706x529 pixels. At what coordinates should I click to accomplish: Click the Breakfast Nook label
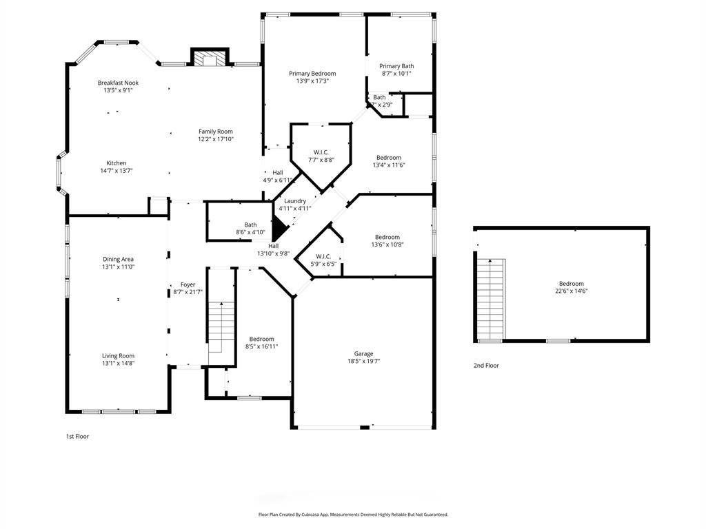coord(118,83)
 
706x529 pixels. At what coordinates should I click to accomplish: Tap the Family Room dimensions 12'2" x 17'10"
coord(216,139)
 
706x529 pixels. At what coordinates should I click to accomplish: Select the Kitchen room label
coord(116,163)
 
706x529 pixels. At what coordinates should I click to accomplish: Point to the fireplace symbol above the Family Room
coord(210,57)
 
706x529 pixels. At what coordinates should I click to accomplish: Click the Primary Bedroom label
coord(312,73)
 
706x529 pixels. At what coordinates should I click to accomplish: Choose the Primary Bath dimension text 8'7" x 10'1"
coord(396,73)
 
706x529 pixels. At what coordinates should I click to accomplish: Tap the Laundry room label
coord(295,201)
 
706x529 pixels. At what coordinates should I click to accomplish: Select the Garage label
coord(363,353)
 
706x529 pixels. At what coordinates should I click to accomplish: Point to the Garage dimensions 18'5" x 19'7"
coord(364,361)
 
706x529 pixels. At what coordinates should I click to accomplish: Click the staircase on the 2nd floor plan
coord(491,299)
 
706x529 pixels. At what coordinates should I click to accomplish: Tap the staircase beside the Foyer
coord(221,327)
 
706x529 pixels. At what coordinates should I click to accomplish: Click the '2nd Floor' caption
coord(486,366)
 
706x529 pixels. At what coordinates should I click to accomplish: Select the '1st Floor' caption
coord(77,436)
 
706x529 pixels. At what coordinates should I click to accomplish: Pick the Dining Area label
coord(118,259)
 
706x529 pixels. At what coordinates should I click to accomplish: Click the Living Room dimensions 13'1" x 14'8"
coord(118,363)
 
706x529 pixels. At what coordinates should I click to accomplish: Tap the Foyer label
coord(188,284)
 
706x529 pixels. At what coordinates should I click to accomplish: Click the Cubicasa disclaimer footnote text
coord(353,515)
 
